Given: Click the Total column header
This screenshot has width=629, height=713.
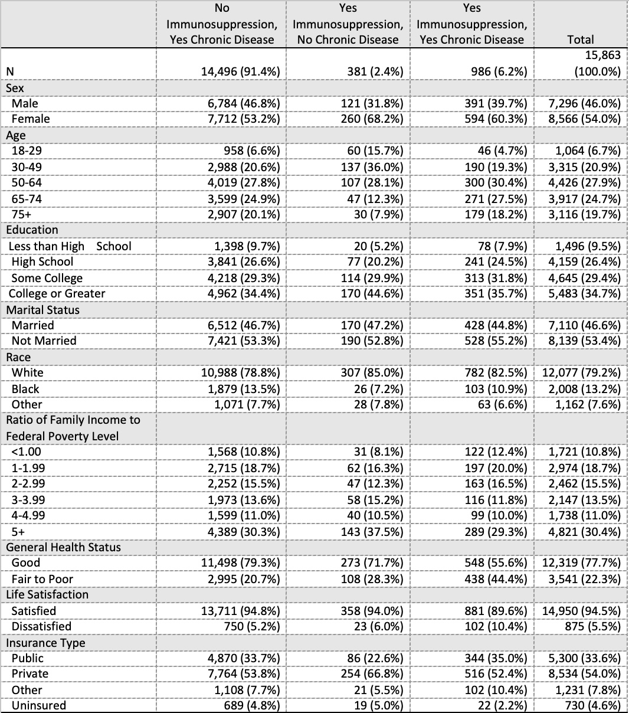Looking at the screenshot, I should pyautogui.click(x=580, y=40).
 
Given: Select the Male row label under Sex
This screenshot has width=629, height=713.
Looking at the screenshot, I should pyautogui.click(x=25, y=103).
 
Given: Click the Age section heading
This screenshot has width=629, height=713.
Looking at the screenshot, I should pyautogui.click(x=16, y=135).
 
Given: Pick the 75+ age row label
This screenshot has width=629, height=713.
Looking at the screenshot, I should pyautogui.click(x=22, y=214).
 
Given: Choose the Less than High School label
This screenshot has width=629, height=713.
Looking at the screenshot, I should pyautogui.click(x=70, y=246).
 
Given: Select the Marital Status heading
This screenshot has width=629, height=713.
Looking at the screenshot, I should pyautogui.click(x=42, y=310).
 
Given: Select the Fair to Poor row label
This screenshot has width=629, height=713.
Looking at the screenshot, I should pyautogui.click(x=42, y=579).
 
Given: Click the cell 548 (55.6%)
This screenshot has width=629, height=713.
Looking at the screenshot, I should pyautogui.click(x=496, y=562).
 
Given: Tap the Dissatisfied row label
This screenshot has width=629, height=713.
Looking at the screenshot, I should pyautogui.click(x=41, y=626).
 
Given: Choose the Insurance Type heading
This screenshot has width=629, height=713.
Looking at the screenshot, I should pyautogui.click(x=45, y=643).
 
